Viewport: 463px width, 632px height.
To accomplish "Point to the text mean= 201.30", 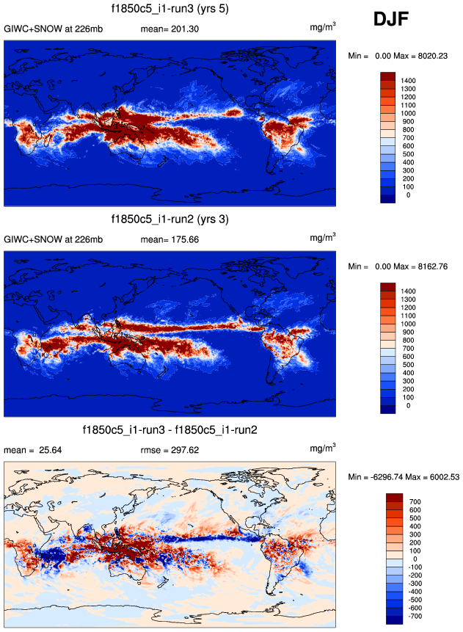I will (169, 29).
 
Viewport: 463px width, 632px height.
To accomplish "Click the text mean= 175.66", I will (169, 239).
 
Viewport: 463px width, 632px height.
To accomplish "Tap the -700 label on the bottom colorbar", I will (413, 618).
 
